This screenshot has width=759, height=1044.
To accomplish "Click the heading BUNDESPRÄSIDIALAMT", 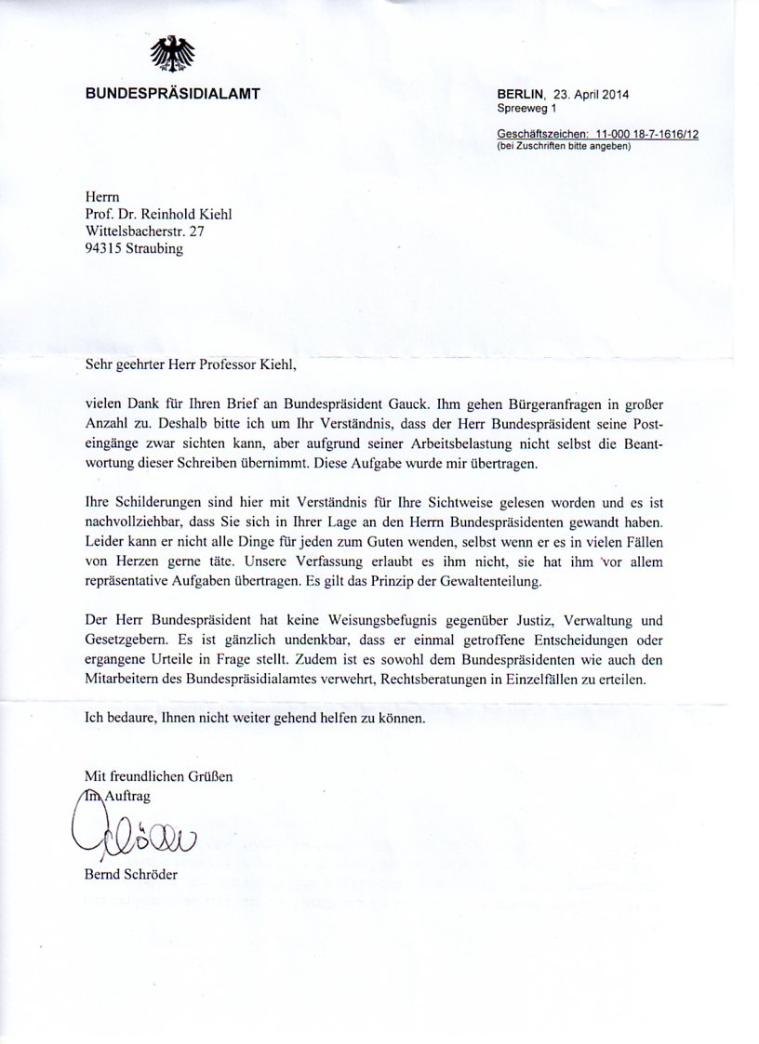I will coord(173,93).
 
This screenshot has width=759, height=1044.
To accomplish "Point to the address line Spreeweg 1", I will coord(526,109).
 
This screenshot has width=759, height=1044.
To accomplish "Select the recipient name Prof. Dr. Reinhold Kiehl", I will coord(158,215).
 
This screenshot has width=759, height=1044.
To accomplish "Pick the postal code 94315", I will coord(105,249).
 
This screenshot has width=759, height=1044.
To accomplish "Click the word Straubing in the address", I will coord(157,249).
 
